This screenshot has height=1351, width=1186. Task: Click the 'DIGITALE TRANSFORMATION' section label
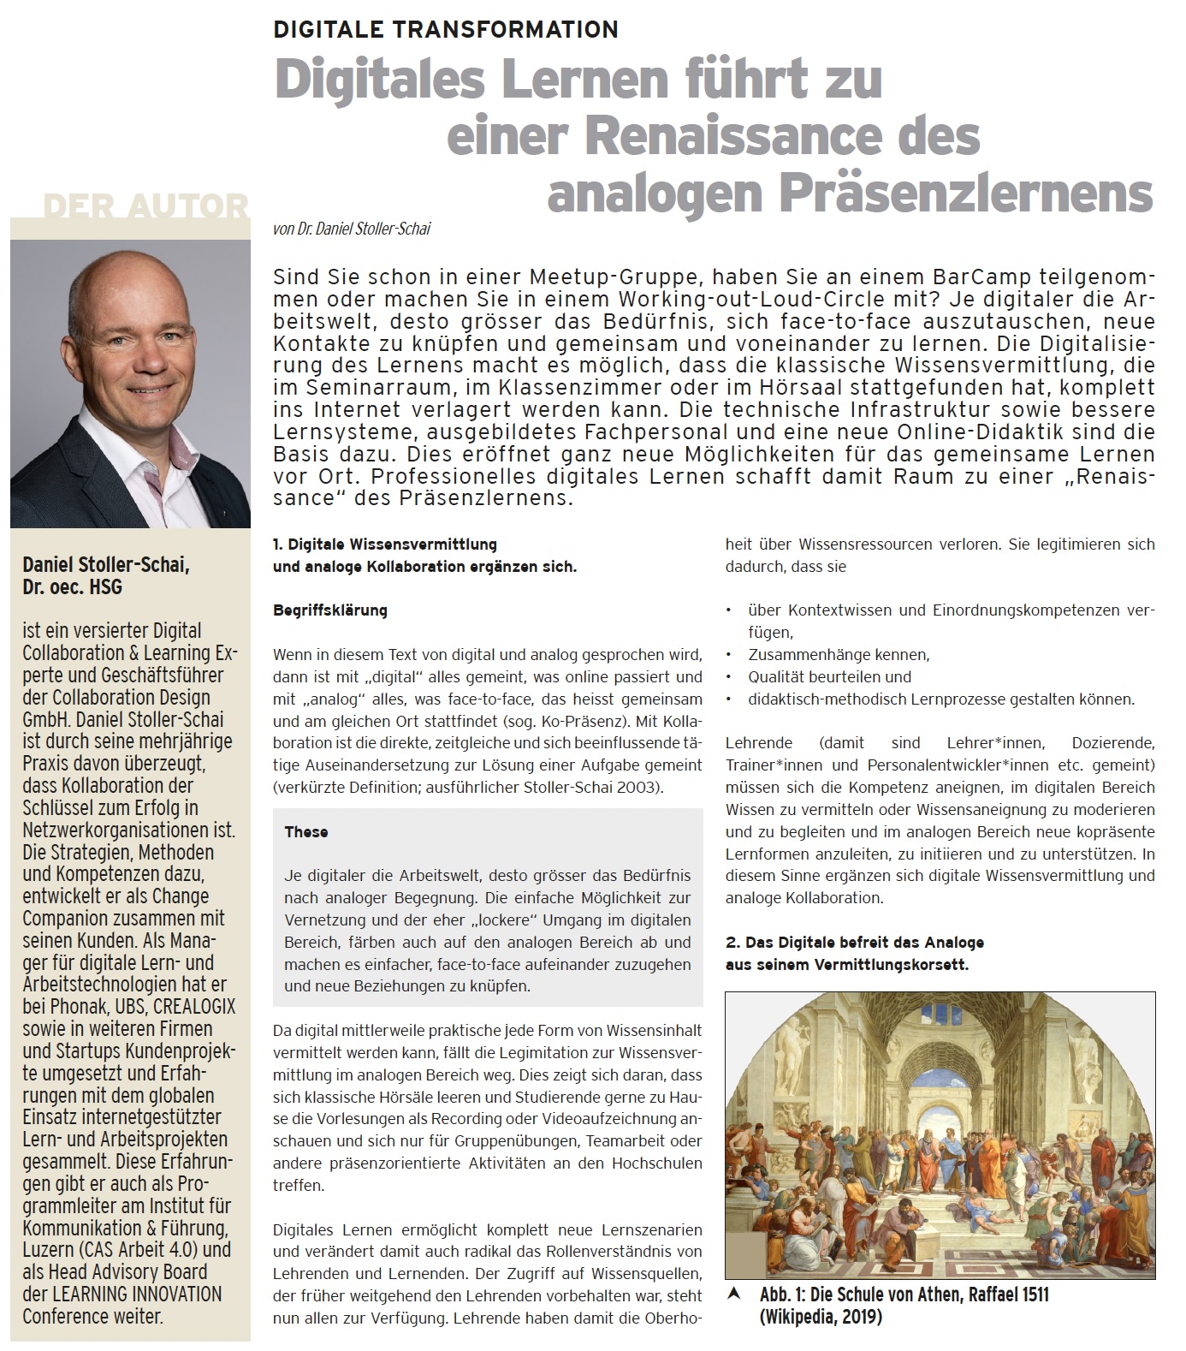pos(445,30)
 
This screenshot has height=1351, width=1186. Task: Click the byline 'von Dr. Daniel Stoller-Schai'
pos(352,229)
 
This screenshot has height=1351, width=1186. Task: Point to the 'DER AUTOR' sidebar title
pos(146,206)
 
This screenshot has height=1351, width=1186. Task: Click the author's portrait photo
pos(130,384)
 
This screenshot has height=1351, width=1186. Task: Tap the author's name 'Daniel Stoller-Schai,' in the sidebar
pos(106,565)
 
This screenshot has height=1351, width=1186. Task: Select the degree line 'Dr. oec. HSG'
pos(72,587)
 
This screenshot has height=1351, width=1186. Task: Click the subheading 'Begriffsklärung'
pos(330,610)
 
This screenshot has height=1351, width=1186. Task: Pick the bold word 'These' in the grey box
pos(306,831)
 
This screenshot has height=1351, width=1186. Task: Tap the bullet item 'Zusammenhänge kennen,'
pos(838,655)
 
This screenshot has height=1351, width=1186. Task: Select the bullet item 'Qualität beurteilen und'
pos(829,677)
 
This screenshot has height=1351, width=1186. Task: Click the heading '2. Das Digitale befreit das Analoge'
pos(854,943)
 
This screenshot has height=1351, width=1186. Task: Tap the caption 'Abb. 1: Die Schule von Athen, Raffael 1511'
pos(904,1294)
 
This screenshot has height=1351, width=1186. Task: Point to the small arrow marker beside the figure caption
pos(732,1294)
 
